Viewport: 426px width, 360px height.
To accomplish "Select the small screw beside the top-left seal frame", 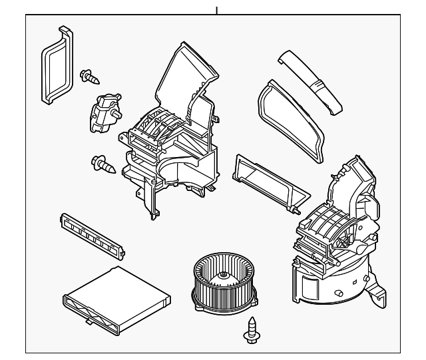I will [x=90, y=77].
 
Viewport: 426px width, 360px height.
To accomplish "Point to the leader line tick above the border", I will [x=216, y=10].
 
